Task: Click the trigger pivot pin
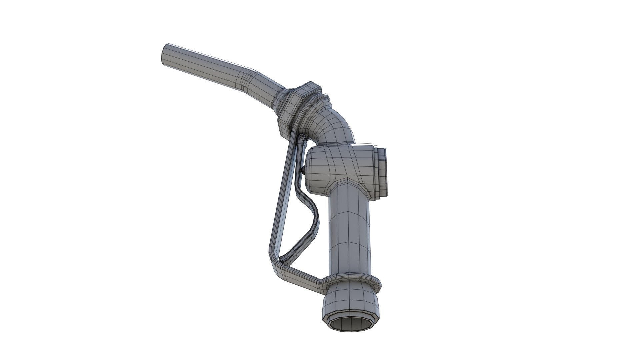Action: coord(302,137)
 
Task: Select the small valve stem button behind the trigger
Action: coord(303,170)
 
